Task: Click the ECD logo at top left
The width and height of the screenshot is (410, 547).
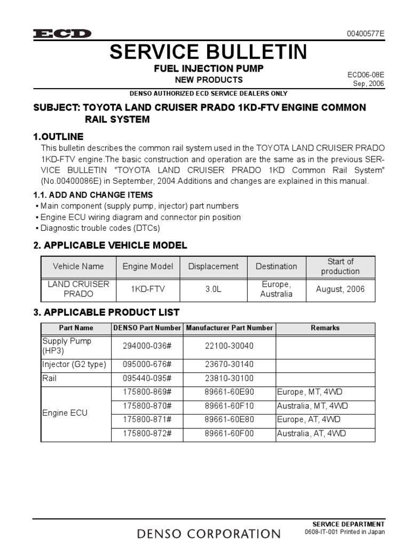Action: (62, 34)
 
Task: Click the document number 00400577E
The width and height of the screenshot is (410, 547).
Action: (366, 34)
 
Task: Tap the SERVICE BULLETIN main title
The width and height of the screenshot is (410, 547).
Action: (208, 52)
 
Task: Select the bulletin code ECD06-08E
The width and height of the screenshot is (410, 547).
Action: (366, 75)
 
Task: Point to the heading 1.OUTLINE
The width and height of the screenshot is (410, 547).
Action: (58, 136)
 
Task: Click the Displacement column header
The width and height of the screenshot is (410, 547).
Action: (214, 266)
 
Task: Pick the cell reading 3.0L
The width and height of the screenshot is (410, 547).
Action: (214, 290)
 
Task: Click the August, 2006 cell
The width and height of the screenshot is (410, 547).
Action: (341, 290)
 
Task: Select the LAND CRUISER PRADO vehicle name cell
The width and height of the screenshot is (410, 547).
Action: (78, 290)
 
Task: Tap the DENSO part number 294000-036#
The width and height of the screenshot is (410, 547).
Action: (147, 346)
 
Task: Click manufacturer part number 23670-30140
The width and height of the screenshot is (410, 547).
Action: (230, 365)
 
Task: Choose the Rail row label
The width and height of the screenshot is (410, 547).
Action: (49, 378)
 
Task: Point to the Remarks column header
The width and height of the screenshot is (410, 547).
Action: (325, 328)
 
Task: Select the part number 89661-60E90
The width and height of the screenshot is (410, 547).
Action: (230, 392)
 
